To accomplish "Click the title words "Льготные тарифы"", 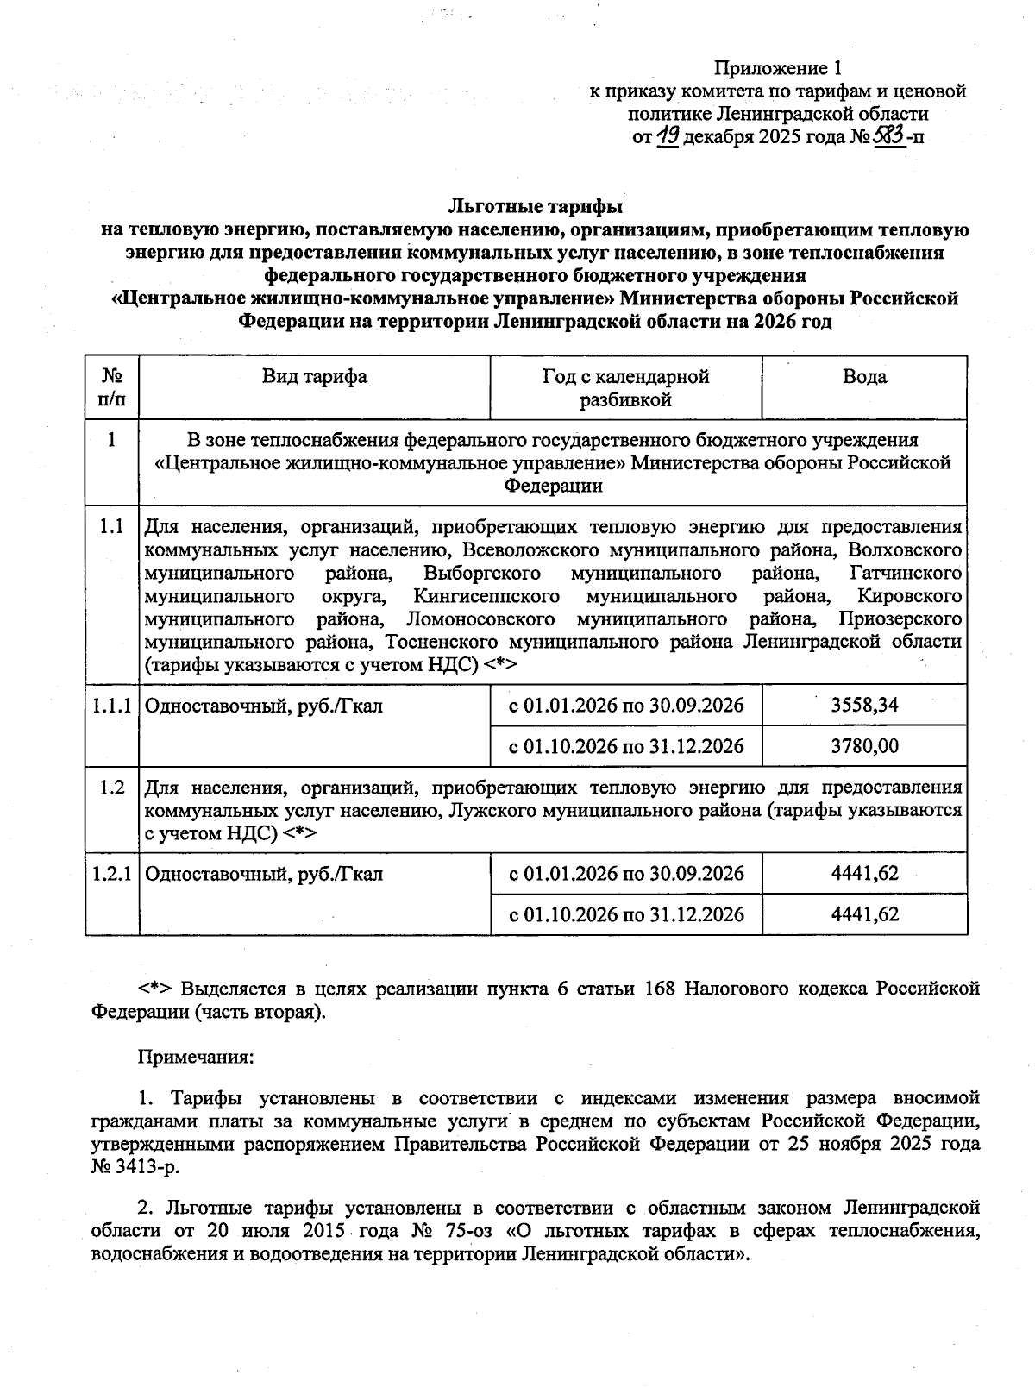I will coord(535,207).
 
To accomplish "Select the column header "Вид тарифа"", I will coord(315,377).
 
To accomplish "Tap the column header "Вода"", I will coord(864,377).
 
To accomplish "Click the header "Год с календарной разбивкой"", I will coord(625,388).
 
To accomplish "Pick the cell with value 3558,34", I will coord(864,705).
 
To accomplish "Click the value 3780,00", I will coord(864,746).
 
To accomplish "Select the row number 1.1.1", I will coord(111,706).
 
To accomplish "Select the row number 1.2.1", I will coord(111,874).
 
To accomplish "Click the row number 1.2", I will coord(111,788).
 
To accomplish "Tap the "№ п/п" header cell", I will coord(111,388).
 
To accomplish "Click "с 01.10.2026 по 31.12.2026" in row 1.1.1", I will coord(625,746).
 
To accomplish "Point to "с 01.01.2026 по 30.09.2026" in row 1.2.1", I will coord(625,874).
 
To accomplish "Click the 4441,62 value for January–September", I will coord(864,874).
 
